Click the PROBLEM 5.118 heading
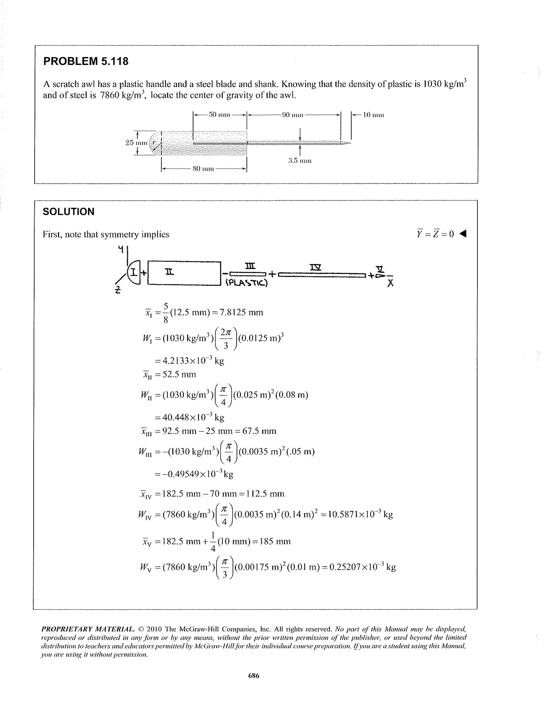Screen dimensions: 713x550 click(86, 61)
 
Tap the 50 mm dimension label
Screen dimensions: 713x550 click(219, 115)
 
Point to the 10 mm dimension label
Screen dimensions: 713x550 click(374, 115)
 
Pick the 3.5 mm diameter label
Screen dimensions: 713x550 click(300, 161)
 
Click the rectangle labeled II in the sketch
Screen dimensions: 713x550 click(184, 273)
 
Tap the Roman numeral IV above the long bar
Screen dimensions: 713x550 click(315, 267)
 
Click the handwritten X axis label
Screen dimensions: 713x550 click(390, 283)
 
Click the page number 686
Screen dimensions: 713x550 click(254, 676)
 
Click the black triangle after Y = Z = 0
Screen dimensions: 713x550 click(463, 234)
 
